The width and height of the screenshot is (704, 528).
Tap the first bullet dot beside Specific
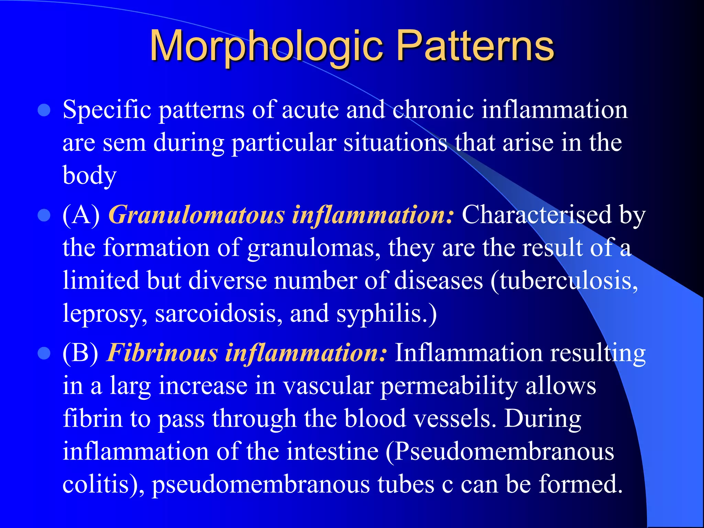click(44, 111)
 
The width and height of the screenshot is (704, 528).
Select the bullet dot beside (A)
click(44, 216)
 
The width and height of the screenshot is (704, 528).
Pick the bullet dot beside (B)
click(44, 353)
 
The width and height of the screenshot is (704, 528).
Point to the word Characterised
click(537, 215)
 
